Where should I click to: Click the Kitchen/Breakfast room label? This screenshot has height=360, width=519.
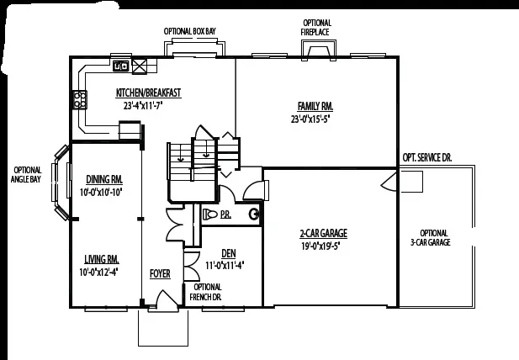(148, 93)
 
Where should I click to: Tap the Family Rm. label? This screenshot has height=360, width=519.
(315, 106)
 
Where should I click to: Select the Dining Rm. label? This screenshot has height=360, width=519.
(105, 178)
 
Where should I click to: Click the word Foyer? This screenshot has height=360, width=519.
(160, 273)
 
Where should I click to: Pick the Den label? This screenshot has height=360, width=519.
(228, 253)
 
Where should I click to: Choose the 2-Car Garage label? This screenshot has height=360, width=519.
(323, 233)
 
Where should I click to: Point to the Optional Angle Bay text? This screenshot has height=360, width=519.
(25, 173)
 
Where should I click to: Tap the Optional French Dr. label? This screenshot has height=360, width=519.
(207, 291)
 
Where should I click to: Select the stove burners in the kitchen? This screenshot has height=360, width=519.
(81, 100)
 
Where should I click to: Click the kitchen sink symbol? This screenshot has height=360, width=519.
(121, 66)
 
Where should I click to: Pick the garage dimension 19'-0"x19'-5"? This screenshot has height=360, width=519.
(323, 246)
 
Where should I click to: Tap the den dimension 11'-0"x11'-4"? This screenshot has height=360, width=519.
(225, 265)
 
